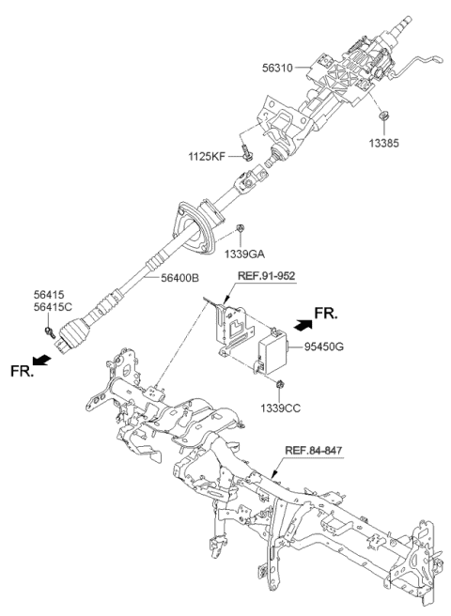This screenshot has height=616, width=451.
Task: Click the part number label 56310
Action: (279, 68)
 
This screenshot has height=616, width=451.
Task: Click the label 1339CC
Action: (281, 408)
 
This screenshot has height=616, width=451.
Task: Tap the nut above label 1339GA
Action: (241, 228)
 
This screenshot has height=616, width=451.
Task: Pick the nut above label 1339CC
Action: (281, 385)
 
